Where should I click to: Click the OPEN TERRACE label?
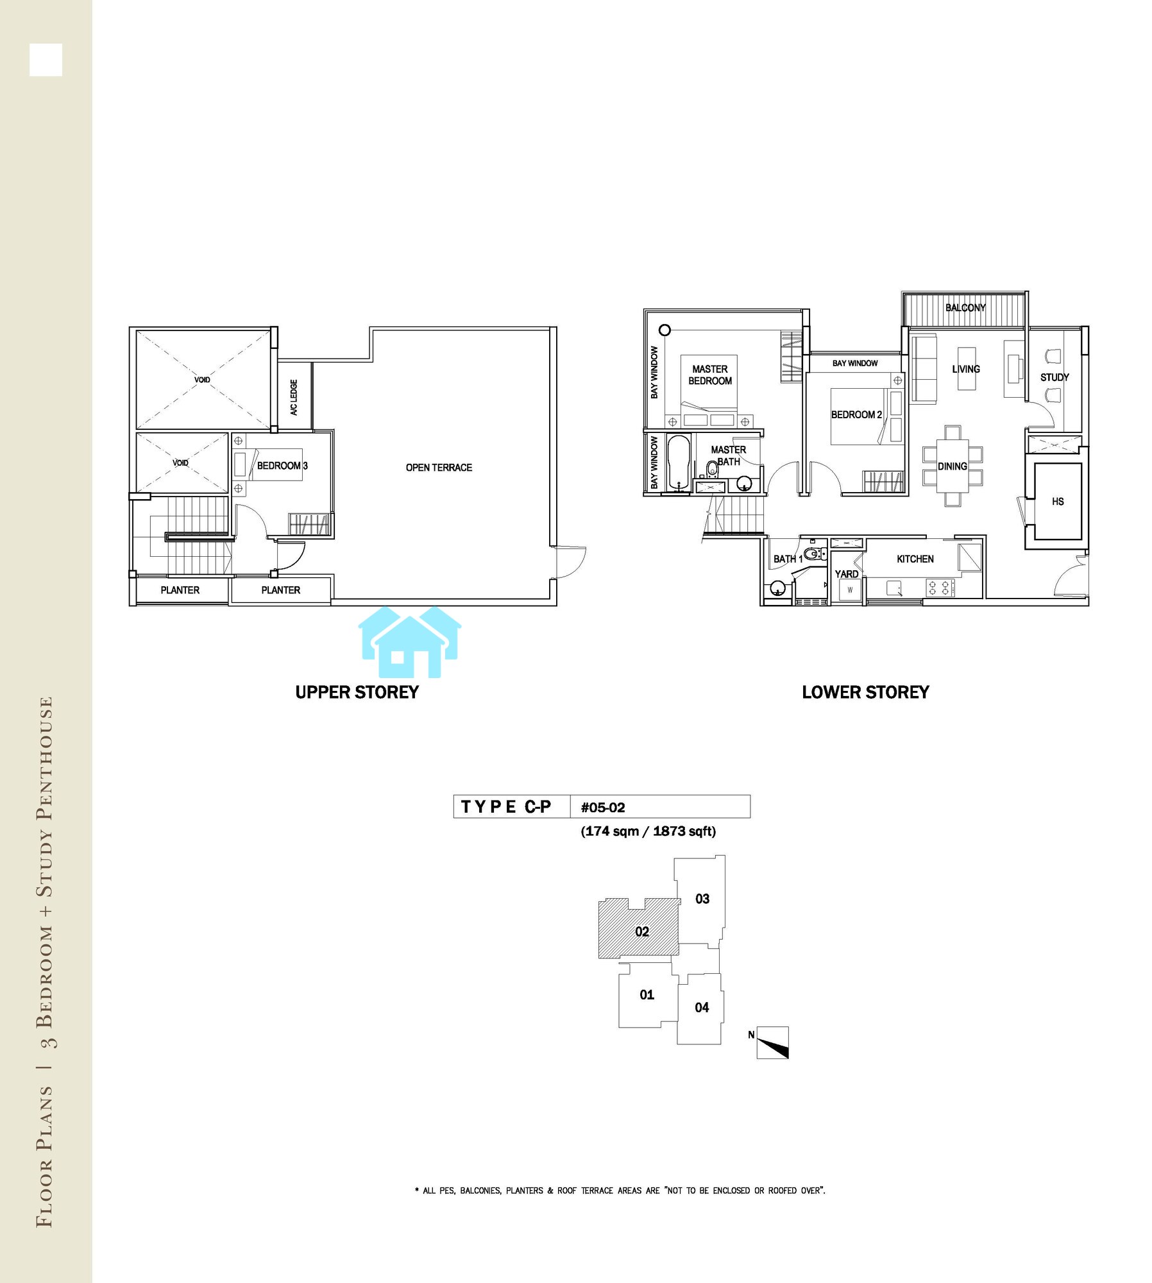[x=439, y=468]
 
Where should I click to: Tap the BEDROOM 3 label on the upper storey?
[x=282, y=466]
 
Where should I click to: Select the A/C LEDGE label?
[x=294, y=397]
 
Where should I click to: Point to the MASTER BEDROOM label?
[x=710, y=375]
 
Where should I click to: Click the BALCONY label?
[x=965, y=307]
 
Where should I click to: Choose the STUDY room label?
[x=1055, y=377]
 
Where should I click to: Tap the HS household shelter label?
[x=1058, y=502]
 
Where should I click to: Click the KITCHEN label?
[x=915, y=559]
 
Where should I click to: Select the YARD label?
[x=847, y=574]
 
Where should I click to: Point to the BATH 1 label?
[x=788, y=559]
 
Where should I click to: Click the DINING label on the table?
[x=953, y=466]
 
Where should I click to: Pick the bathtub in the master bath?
[x=679, y=462]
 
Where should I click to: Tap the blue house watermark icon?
[x=409, y=641]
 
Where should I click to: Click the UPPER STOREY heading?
[x=357, y=692]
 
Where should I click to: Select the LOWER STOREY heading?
[x=865, y=692]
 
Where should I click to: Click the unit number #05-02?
[x=603, y=808]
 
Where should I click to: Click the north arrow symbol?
[x=772, y=1042]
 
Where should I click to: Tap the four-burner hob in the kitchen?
[x=940, y=588]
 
